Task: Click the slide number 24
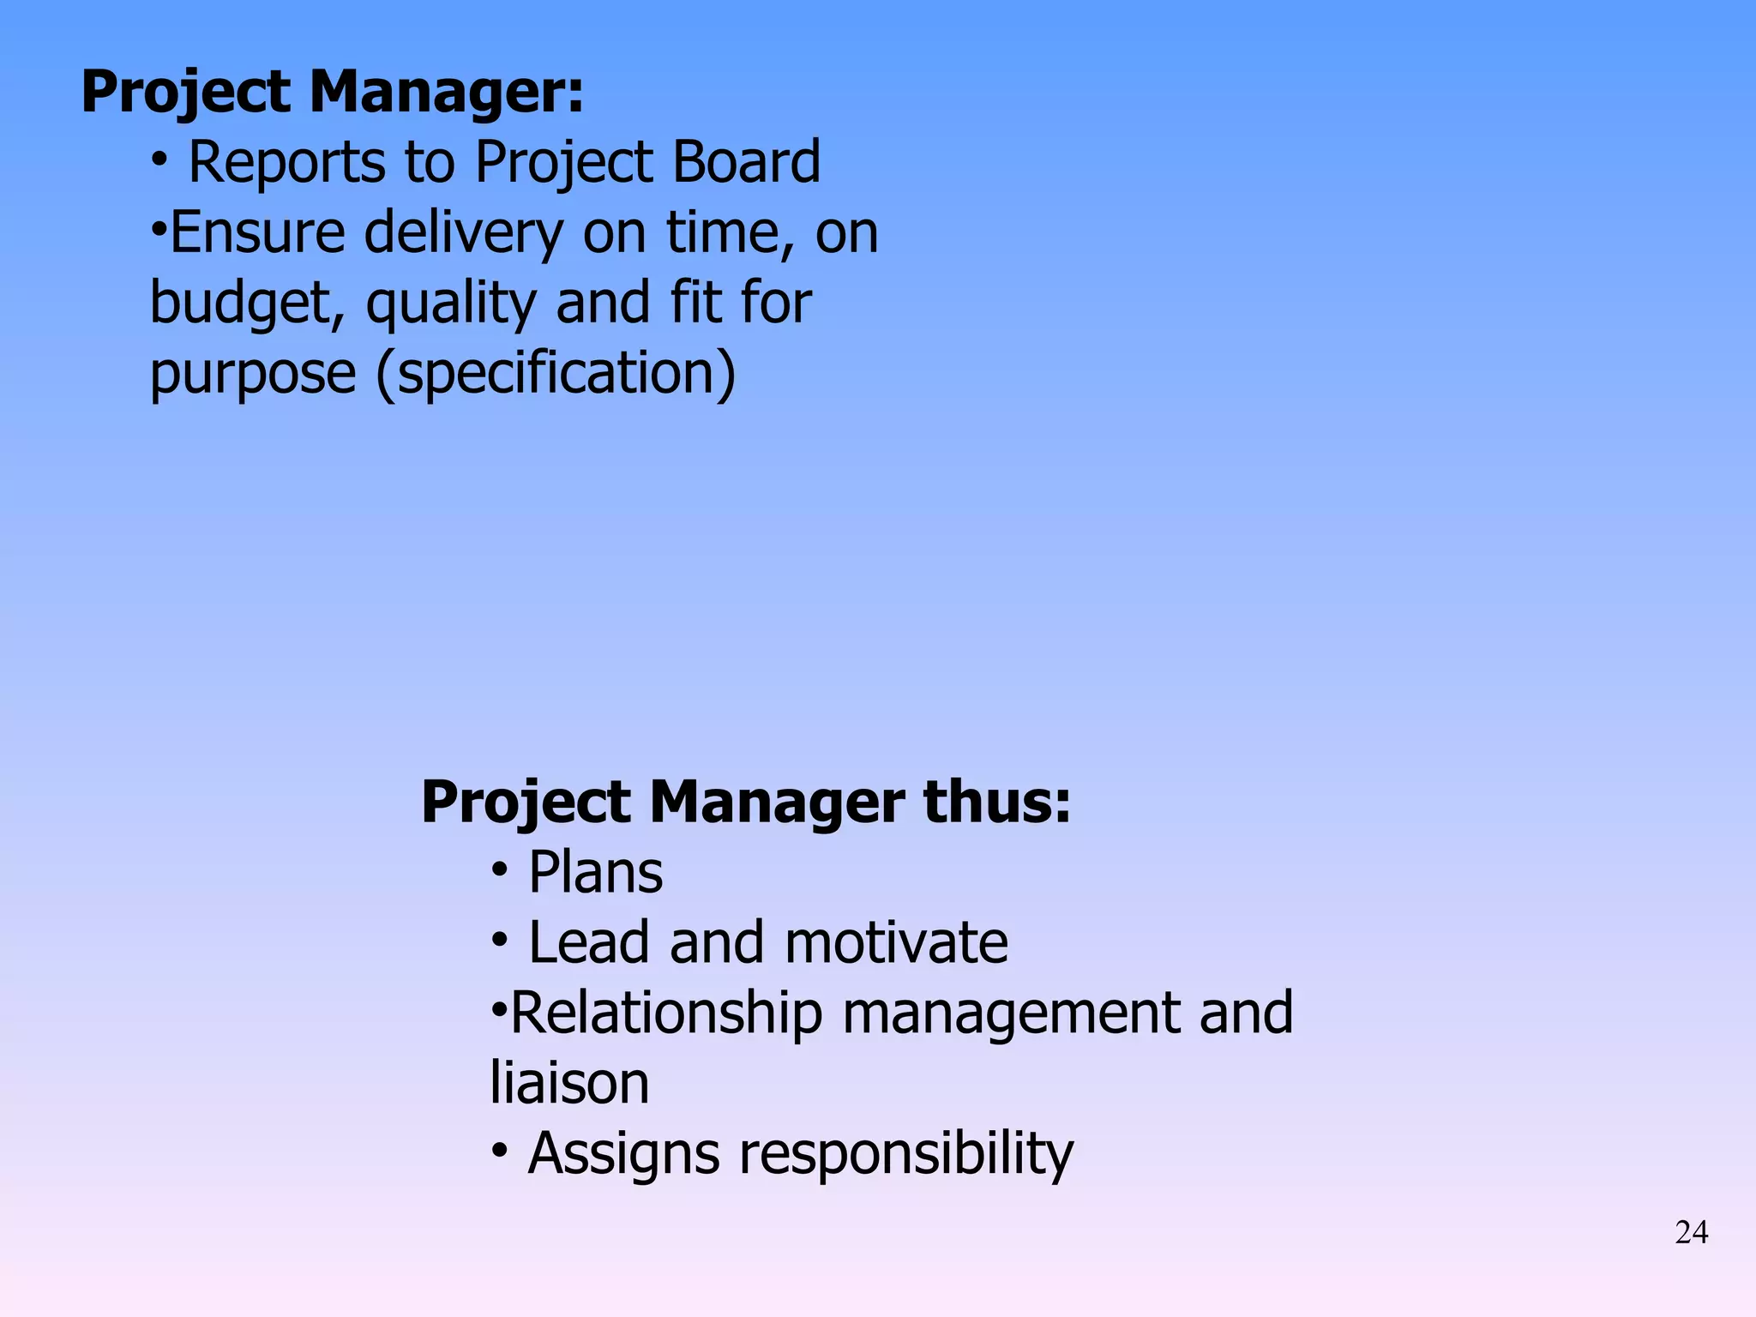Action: [x=1691, y=1233]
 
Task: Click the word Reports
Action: [x=286, y=162]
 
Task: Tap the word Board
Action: [x=746, y=162]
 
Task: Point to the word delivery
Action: [x=463, y=234]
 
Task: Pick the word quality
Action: [x=451, y=304]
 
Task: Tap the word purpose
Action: [x=253, y=375]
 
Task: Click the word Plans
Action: [x=595, y=873]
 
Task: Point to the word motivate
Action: [x=896, y=942]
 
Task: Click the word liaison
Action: [x=569, y=1083]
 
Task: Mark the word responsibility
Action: [x=905, y=1154]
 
